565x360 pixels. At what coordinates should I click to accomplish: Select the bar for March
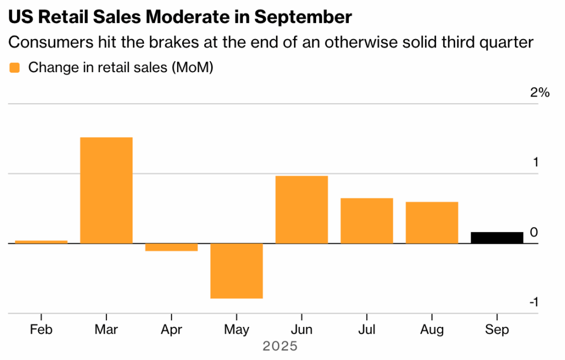[106, 190]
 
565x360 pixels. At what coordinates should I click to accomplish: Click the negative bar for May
[237, 271]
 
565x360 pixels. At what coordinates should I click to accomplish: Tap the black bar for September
[497, 238]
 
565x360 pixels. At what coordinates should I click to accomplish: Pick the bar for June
[302, 209]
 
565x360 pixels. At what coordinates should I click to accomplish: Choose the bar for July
[367, 221]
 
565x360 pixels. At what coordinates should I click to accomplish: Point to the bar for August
[432, 223]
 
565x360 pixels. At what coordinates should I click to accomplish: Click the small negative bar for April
[172, 247]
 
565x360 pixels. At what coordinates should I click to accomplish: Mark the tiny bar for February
[41, 241]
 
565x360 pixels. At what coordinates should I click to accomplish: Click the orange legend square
[15, 68]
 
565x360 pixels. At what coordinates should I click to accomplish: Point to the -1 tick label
[533, 302]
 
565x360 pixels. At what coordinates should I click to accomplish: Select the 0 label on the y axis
[534, 233]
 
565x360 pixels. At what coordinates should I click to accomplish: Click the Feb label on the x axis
[41, 330]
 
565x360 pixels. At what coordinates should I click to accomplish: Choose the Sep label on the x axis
[497, 330]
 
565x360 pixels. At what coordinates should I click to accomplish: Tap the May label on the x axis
[237, 330]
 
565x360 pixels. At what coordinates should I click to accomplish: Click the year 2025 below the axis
[280, 346]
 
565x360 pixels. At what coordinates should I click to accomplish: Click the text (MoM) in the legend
[192, 68]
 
